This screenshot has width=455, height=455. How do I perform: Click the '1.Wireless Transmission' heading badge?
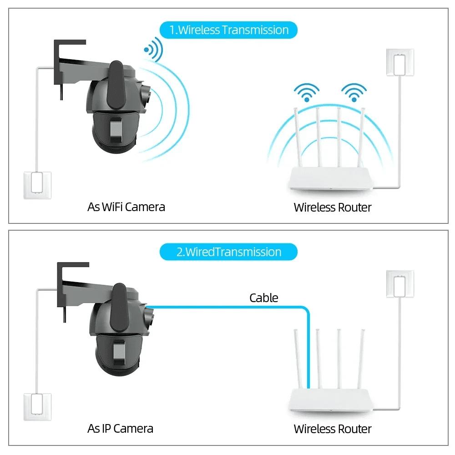228,30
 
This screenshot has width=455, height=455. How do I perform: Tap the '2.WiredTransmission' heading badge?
228,252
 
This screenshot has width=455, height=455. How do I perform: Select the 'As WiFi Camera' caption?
126,207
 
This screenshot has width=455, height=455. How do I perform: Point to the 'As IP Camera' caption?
120,429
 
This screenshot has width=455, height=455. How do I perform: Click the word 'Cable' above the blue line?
263,298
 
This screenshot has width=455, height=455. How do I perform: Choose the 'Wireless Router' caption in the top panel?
332,207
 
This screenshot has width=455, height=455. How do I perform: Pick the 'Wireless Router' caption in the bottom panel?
332,429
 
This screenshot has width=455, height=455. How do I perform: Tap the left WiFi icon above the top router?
306,93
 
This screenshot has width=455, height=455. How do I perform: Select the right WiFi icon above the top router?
354,93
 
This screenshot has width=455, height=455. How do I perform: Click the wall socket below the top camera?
37,184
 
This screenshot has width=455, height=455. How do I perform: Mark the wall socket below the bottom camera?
37,407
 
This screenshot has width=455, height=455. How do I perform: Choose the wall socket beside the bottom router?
400,284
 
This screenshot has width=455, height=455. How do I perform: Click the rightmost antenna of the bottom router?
361,359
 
